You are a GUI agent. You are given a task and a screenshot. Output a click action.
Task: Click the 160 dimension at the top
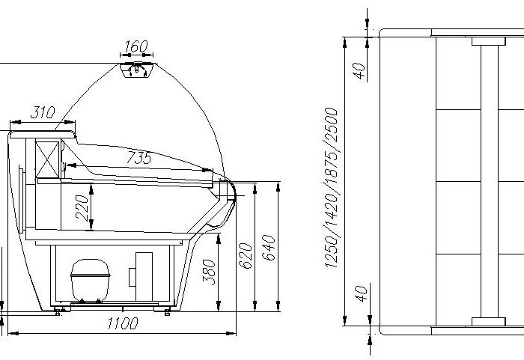tap(136, 46)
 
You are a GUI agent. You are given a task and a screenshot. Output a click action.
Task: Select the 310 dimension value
tap(43, 112)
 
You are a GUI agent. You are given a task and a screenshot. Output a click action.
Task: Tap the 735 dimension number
tap(139, 157)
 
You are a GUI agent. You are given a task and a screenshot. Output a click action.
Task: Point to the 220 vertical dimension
tap(82, 208)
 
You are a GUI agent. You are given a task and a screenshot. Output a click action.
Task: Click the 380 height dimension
tap(209, 272)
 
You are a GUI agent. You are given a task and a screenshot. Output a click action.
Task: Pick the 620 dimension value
tap(246, 256)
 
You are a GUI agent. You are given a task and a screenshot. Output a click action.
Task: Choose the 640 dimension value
tap(268, 248)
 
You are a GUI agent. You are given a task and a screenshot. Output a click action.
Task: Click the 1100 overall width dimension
tap(123, 323)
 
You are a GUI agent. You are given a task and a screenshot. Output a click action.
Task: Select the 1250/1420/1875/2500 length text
tap(332, 188)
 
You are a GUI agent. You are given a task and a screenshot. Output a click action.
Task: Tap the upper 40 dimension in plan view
tap(359, 71)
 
